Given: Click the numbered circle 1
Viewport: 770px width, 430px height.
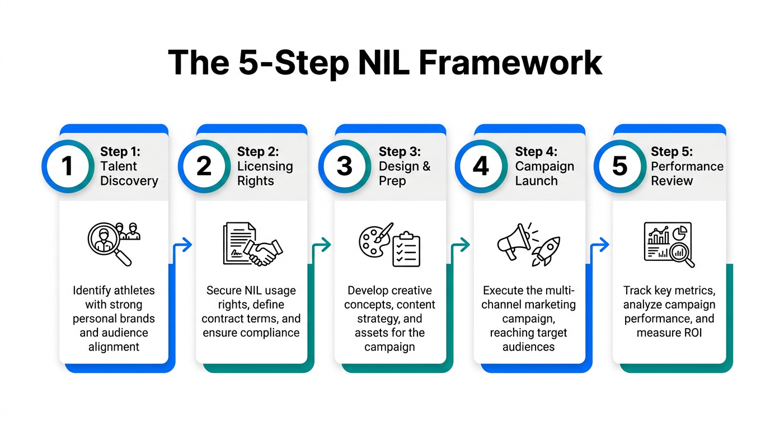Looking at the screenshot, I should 67,166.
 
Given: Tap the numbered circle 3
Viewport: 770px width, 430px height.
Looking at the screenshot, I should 344,166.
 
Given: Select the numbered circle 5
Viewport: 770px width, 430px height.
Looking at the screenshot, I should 619,166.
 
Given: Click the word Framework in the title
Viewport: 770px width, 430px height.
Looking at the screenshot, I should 510,63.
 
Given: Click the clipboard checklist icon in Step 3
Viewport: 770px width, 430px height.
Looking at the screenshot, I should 406,249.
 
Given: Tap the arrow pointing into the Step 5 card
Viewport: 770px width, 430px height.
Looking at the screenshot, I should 600,245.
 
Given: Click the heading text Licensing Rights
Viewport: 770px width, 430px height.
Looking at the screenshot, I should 265,174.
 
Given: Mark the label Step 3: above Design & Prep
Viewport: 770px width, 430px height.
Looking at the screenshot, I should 400,152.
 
